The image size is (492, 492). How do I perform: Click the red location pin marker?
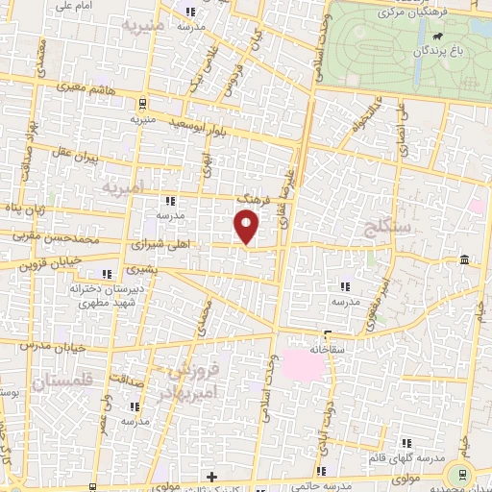point(247,226)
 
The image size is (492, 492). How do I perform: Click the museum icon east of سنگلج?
point(464,260)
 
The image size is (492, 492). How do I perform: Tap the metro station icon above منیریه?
point(143,105)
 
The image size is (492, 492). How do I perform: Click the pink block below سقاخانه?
point(307,363)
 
